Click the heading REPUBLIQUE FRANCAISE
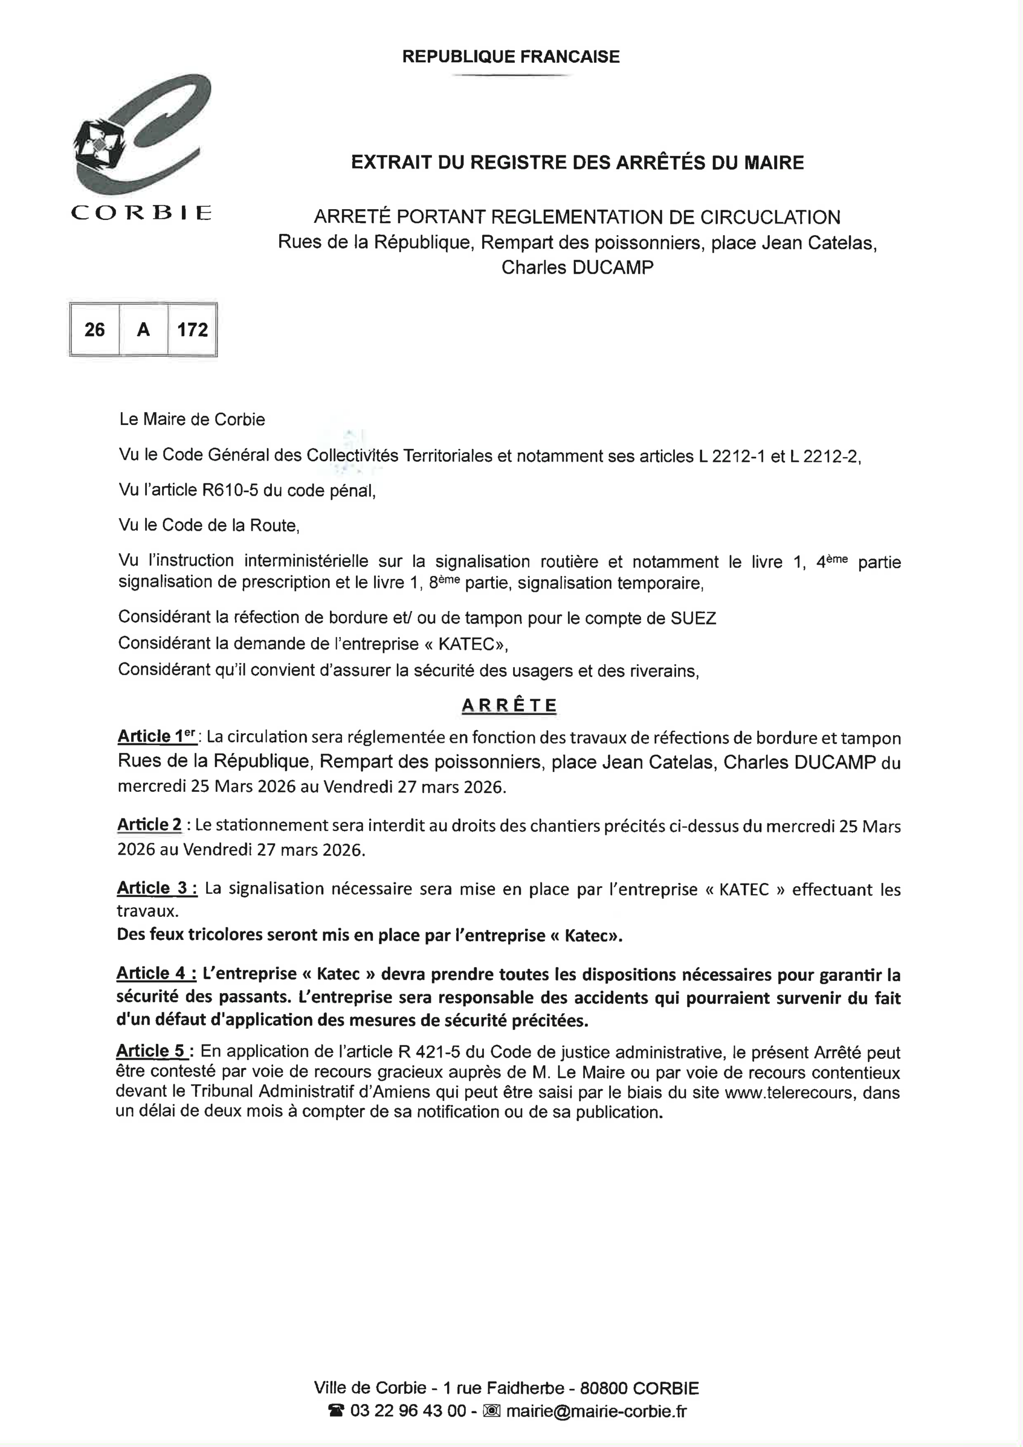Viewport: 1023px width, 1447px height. (x=510, y=57)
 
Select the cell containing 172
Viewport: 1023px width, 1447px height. (x=192, y=330)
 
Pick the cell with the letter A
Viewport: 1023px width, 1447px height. (x=143, y=330)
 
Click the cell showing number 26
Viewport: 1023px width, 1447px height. (x=94, y=330)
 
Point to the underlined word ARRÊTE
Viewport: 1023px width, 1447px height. (x=509, y=705)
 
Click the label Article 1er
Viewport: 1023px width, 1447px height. (x=158, y=736)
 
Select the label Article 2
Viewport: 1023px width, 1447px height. (x=149, y=825)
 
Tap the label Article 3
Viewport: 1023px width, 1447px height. (x=157, y=889)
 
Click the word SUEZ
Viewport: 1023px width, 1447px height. (x=693, y=618)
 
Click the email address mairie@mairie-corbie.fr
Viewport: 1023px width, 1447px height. (x=596, y=1410)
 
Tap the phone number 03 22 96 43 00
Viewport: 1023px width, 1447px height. (x=408, y=1410)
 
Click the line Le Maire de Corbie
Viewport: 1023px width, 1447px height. (x=192, y=420)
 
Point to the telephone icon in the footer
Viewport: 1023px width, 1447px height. (x=336, y=1410)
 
